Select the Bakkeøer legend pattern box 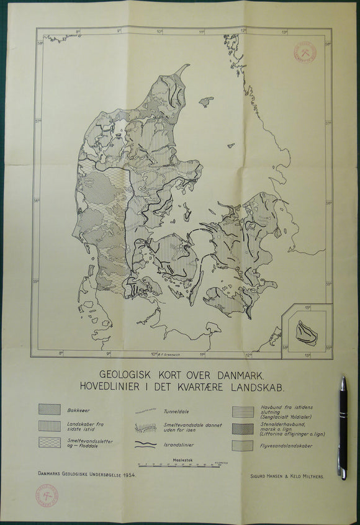(x=50, y=410)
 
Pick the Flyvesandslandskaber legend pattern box (x=243, y=445)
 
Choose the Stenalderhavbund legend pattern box (x=243, y=428)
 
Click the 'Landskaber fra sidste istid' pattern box (x=50, y=426)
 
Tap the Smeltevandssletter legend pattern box (x=50, y=442)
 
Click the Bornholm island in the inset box (x=306, y=333)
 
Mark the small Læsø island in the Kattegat (x=206, y=101)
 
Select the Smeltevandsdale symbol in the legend (x=145, y=428)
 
